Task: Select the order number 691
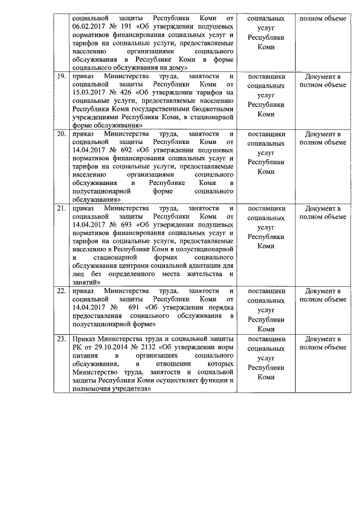[134, 307]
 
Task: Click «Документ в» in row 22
[323, 291]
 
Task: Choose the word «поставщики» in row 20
[267, 134]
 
